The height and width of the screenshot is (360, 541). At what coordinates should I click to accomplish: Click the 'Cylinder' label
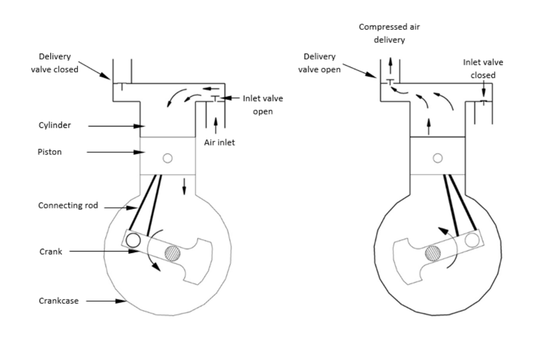(55, 125)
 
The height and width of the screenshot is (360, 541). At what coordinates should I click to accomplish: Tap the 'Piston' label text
(50, 152)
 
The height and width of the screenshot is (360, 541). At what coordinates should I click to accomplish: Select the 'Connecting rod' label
(68, 205)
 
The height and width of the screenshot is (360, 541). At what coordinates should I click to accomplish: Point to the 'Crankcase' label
(58, 301)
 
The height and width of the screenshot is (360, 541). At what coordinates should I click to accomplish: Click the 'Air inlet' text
(220, 142)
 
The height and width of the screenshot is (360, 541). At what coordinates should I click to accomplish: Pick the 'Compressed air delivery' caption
(389, 34)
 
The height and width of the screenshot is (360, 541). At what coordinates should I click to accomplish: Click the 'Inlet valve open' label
(263, 105)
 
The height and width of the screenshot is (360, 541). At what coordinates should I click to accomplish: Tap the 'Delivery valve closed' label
(55, 63)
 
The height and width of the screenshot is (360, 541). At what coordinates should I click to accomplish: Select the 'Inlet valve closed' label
(483, 69)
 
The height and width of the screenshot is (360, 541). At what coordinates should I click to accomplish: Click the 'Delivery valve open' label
(320, 63)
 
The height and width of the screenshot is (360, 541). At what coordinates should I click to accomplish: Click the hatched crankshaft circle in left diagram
(172, 254)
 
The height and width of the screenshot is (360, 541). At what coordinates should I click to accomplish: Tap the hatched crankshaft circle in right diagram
(433, 254)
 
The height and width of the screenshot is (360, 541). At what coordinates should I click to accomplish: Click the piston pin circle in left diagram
(168, 158)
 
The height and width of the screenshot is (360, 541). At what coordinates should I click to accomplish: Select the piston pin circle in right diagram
(438, 158)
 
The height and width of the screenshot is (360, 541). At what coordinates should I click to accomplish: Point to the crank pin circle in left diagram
(133, 241)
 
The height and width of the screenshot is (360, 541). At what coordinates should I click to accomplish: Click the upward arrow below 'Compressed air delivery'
(390, 65)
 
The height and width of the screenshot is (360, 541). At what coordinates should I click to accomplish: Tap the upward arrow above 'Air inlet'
(216, 125)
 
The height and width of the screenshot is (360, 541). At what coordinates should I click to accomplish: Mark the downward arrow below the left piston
(184, 186)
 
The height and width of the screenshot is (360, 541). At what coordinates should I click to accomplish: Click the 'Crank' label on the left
(51, 252)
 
